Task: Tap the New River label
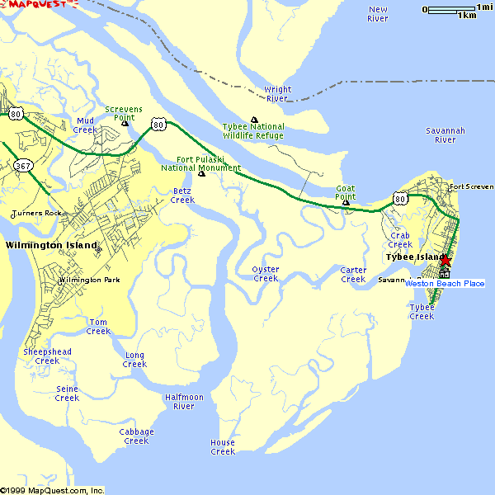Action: (x=378, y=14)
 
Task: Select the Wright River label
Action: (x=277, y=94)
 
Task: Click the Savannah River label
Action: (x=445, y=135)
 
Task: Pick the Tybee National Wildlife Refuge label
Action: (x=253, y=131)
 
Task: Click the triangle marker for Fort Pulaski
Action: (x=201, y=173)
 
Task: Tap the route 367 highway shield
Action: (x=23, y=167)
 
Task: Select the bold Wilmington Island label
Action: (x=50, y=245)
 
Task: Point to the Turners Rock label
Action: (x=36, y=214)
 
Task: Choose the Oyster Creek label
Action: (x=266, y=274)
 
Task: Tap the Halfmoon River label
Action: (x=184, y=402)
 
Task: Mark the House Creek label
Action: (x=223, y=447)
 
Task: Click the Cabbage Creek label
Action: (x=136, y=436)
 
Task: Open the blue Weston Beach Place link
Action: (x=445, y=284)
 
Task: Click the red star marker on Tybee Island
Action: (x=445, y=262)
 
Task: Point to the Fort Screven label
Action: (x=470, y=187)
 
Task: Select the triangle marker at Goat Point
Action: (x=346, y=202)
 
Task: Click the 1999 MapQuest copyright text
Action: (x=52, y=490)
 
